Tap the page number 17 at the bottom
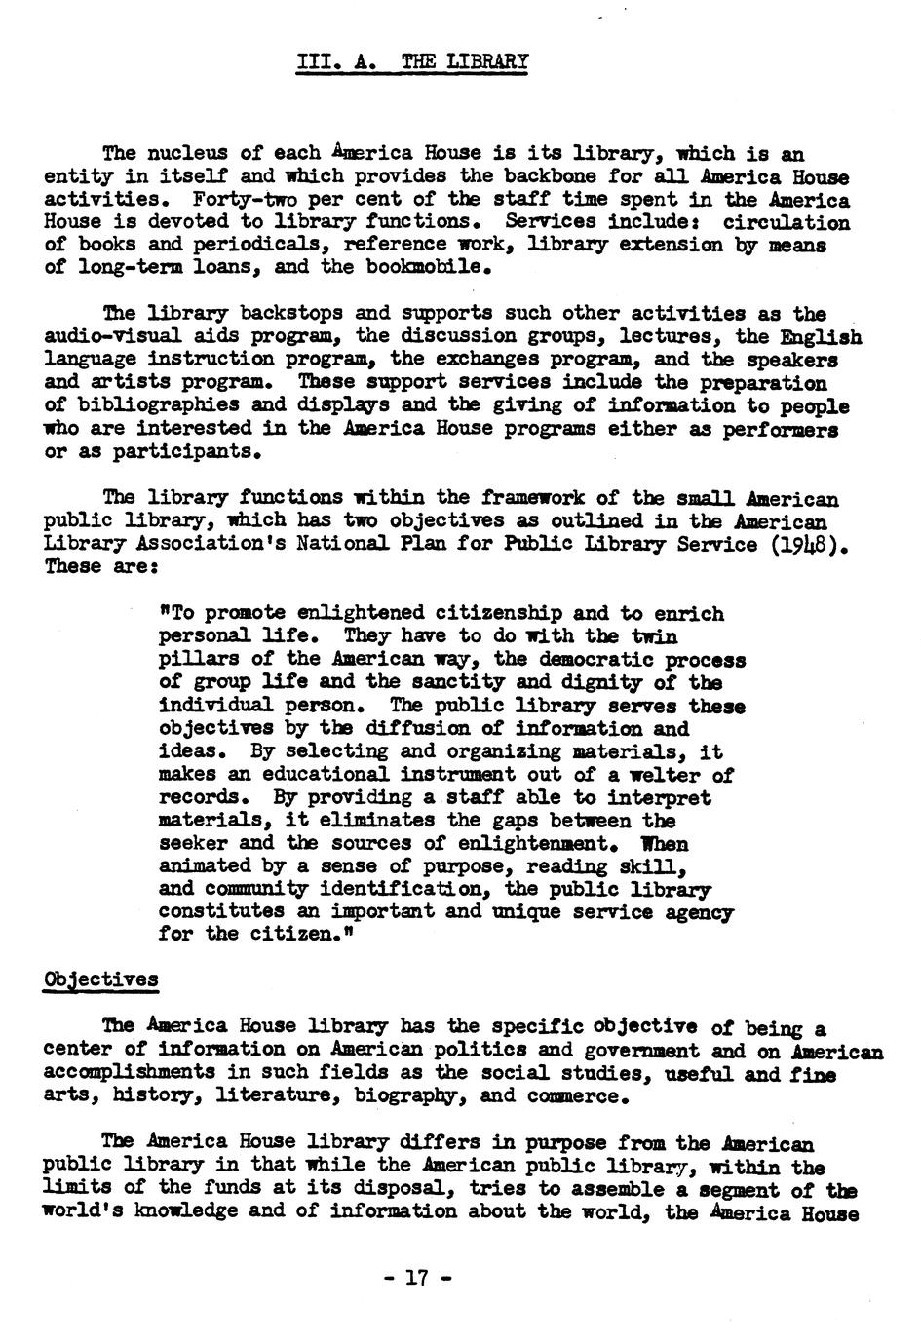[x=417, y=1279]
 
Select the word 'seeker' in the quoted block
[x=193, y=844]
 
